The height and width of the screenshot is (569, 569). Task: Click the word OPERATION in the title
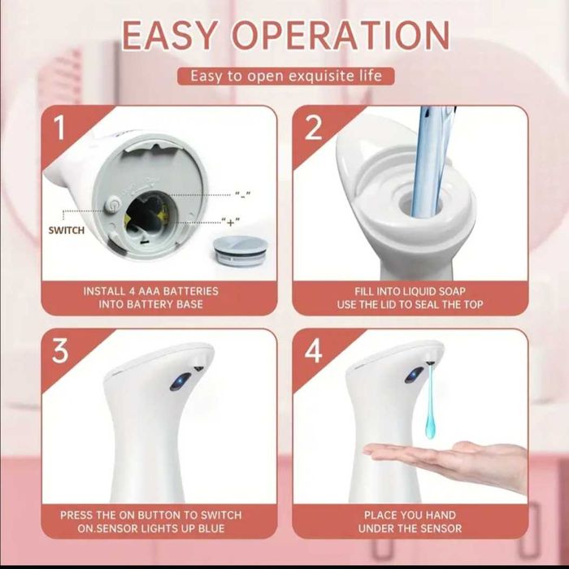click(341, 35)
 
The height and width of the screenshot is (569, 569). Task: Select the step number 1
click(59, 128)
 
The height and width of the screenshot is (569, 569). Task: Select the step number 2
click(313, 128)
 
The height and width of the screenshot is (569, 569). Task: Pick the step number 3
click(60, 351)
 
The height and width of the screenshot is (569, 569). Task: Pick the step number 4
click(313, 351)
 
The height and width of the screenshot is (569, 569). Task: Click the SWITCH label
click(67, 230)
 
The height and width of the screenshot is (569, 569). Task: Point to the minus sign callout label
click(243, 195)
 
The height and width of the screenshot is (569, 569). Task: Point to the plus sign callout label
click(230, 221)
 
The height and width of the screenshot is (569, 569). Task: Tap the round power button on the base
click(113, 204)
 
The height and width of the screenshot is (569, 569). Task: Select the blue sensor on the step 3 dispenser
click(180, 382)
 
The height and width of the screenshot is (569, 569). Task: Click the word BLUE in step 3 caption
click(211, 528)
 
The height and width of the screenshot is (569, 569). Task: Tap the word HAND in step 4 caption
click(441, 515)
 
